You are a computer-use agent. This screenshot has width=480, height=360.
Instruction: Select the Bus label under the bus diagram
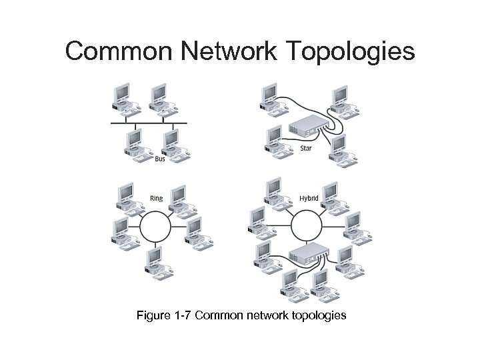pos(160,159)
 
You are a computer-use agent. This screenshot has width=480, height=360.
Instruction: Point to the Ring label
pos(156,198)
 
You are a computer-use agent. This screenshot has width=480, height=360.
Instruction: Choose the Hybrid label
pos(308,198)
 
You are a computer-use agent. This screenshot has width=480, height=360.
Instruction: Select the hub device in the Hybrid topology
pos(307,251)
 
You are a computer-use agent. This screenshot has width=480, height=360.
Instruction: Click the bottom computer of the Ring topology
pos(155,260)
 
